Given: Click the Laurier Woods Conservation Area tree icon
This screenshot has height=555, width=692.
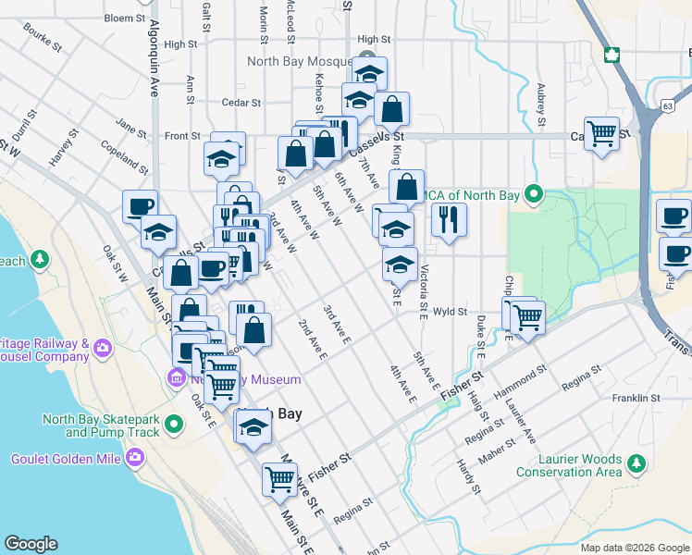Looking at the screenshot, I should (x=636, y=461).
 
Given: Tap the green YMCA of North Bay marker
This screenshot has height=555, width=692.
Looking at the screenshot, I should (x=534, y=194).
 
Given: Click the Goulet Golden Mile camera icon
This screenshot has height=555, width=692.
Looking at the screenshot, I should (x=136, y=457).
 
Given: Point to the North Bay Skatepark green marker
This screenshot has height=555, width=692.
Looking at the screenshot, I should (x=171, y=425).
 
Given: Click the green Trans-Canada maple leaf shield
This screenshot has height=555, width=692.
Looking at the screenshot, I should (x=611, y=54).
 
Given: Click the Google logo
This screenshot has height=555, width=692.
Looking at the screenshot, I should (x=31, y=543).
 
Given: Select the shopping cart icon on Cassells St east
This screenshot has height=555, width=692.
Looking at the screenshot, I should (x=601, y=133).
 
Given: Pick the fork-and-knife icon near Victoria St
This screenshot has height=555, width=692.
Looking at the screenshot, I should (x=448, y=219).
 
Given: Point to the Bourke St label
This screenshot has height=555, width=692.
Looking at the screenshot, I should (x=43, y=39).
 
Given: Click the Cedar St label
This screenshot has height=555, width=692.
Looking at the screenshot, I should (x=243, y=103).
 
